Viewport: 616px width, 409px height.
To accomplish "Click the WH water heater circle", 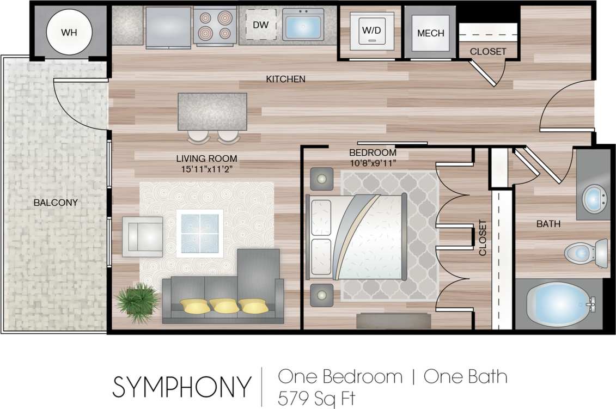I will tap(69, 33).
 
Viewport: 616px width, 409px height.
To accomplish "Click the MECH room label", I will tap(430, 33).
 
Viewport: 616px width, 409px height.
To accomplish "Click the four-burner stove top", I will tap(215, 26).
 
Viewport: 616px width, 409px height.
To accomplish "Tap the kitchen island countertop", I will tap(212, 111).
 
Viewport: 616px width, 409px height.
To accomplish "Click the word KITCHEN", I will tap(285, 80).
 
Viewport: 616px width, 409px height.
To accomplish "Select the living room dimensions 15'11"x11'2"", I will tap(206, 169).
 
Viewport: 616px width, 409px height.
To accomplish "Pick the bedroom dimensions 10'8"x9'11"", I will tap(373, 162).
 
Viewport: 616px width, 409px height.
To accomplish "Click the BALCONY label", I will tap(56, 203).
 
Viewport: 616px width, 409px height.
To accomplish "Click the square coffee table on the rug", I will tap(200, 233).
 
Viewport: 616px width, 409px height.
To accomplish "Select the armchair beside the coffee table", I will tap(142, 236).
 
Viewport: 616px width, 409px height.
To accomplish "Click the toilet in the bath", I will tap(585, 252).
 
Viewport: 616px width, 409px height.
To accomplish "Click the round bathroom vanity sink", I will tap(594, 199).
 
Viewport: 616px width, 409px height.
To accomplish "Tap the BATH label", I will tap(548, 224).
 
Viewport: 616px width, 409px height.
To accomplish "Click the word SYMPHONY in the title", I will tap(182, 386).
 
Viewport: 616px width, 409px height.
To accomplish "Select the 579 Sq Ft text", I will tap(316, 398).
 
